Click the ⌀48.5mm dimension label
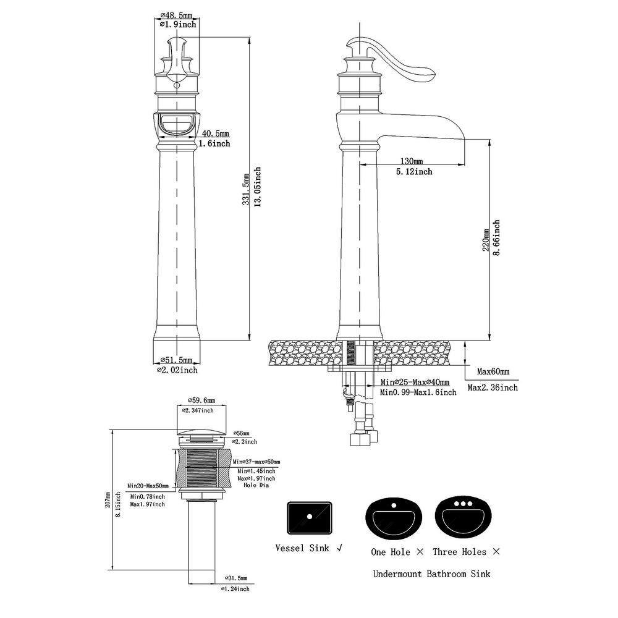click(x=176, y=16)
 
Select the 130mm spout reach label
click(x=412, y=161)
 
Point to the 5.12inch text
click(x=414, y=171)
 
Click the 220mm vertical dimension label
click(x=486, y=240)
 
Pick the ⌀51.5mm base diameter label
click(x=176, y=360)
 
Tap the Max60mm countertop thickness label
click(x=493, y=371)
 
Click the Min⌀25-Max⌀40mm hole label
click(x=415, y=383)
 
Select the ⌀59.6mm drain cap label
click(x=201, y=400)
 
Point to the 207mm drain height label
click(x=108, y=500)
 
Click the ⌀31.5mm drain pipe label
click(x=236, y=578)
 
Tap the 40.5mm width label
click(x=216, y=134)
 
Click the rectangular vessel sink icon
click(x=310, y=518)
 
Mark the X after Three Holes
click(x=496, y=551)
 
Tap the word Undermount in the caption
click(x=397, y=574)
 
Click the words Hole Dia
click(x=256, y=485)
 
